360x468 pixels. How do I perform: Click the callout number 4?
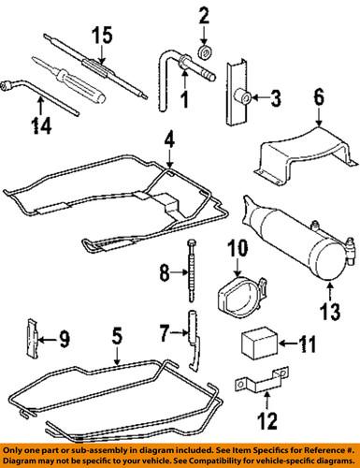coord(169,141)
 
